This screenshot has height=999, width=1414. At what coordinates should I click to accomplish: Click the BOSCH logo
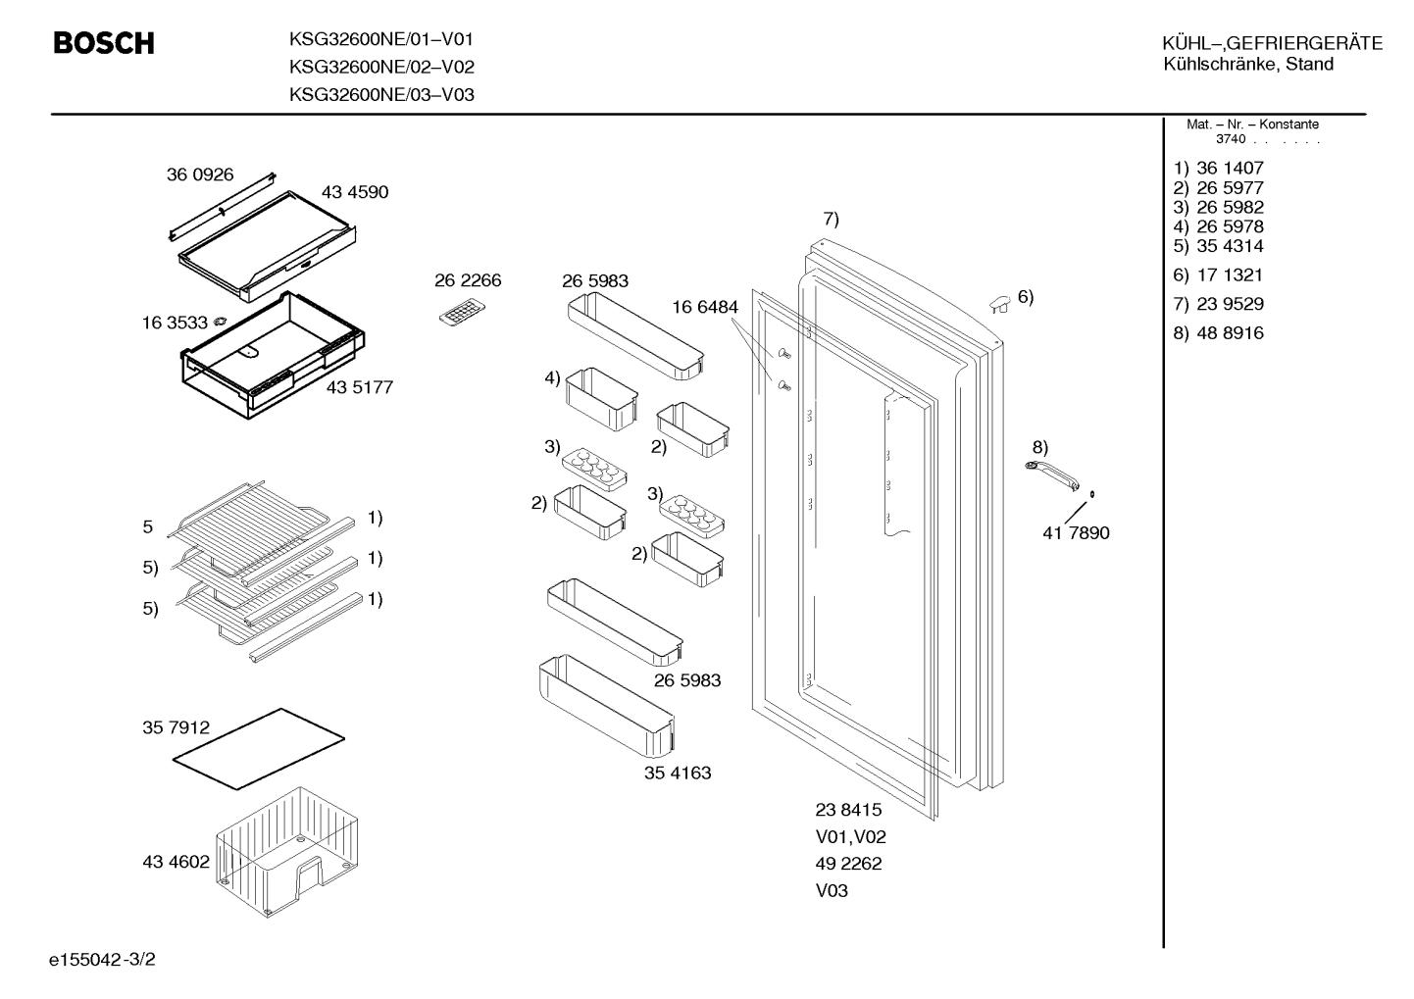104,43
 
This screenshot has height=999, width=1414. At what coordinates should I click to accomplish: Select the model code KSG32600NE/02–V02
381,67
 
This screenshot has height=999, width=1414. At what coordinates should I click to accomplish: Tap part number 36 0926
199,175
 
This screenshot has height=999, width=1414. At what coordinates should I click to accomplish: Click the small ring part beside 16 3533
220,322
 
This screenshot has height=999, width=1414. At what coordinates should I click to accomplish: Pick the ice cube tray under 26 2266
462,313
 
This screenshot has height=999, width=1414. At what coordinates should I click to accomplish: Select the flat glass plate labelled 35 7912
259,748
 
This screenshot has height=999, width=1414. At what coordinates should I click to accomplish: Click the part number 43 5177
359,387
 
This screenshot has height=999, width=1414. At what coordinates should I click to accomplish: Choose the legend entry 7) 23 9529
1218,304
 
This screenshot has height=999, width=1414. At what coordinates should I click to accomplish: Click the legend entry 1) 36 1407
1218,168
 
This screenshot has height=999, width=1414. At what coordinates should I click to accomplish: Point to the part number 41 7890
1076,532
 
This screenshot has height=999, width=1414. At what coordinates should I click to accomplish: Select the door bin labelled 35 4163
607,706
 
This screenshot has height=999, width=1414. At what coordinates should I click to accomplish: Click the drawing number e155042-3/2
102,959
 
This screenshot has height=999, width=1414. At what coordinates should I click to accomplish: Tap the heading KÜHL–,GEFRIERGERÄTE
1272,43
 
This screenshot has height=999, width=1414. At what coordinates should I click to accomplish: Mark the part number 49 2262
848,863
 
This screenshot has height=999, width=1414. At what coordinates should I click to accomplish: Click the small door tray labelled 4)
601,399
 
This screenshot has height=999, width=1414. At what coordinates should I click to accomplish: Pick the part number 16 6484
704,307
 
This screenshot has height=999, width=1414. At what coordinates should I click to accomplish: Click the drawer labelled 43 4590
267,246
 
